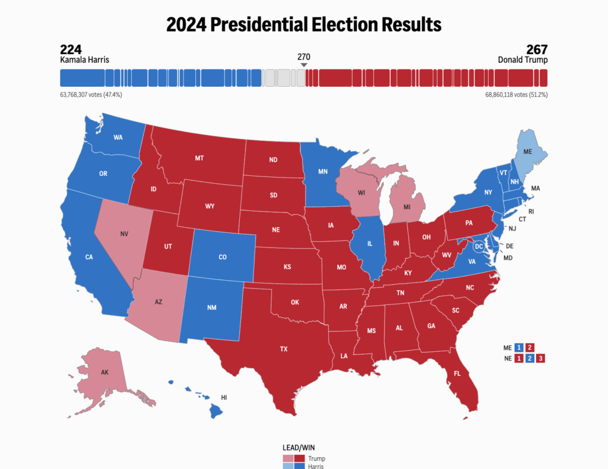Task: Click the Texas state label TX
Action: coord(284,349)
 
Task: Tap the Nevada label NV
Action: coord(124,234)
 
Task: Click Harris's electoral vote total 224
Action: coord(71,49)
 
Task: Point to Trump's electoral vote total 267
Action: coord(536,49)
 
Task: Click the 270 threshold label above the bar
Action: coord(303,57)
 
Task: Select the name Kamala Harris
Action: coord(85,60)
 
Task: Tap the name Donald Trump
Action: coord(522,60)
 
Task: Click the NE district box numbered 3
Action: coord(540,358)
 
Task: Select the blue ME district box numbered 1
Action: coord(518,347)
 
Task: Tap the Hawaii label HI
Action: coord(224,397)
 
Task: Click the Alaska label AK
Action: coord(104,373)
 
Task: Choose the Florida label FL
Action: coord(457,374)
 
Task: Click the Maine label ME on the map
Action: coord(527,152)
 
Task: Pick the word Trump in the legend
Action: coord(316,458)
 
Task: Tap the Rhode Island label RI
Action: coord(530,211)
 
